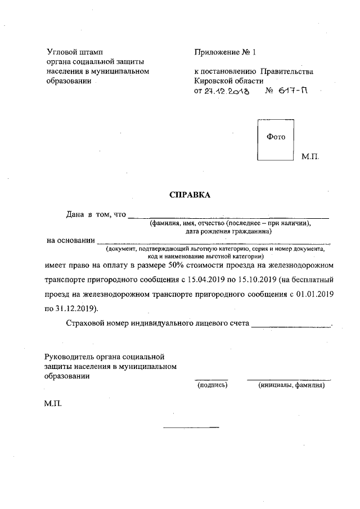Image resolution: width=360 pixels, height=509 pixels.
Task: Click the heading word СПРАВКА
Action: pos(190,195)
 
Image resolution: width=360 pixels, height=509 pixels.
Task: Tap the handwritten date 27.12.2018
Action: pos(228,91)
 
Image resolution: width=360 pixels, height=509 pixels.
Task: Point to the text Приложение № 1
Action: pos(224,52)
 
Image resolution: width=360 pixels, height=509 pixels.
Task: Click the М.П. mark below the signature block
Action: pos(53,404)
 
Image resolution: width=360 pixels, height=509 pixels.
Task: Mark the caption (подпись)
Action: pos(211,386)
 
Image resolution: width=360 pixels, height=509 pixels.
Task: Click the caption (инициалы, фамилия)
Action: pos(291,386)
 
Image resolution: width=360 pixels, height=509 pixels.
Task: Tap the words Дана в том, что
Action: pos(96,215)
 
